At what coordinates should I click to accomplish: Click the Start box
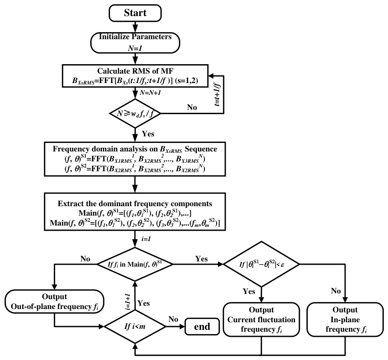click(135, 13)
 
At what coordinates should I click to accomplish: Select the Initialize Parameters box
click(135, 42)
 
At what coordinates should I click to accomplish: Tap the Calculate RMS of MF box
click(135, 76)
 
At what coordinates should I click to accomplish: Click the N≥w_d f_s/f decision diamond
click(135, 114)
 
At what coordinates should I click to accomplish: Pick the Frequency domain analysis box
click(135, 159)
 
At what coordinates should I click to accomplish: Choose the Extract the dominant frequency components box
click(135, 212)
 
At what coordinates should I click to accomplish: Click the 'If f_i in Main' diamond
click(135, 264)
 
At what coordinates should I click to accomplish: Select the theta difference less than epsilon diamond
click(261, 264)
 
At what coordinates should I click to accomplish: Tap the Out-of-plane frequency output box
click(54, 301)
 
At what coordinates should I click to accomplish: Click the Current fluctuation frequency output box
click(261, 319)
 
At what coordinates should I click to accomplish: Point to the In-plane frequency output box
click(345, 319)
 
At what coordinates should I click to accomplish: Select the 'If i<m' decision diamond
click(135, 327)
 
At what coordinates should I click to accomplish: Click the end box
click(202, 327)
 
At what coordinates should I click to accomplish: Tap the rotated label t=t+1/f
click(217, 94)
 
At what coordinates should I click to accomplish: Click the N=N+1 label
click(150, 93)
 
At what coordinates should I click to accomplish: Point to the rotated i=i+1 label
click(127, 302)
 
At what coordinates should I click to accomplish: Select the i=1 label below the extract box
click(146, 239)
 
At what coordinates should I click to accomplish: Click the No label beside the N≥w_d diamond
click(192, 108)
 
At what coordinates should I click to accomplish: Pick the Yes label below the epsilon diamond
click(249, 291)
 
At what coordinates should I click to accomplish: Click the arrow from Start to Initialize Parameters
click(135, 27)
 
